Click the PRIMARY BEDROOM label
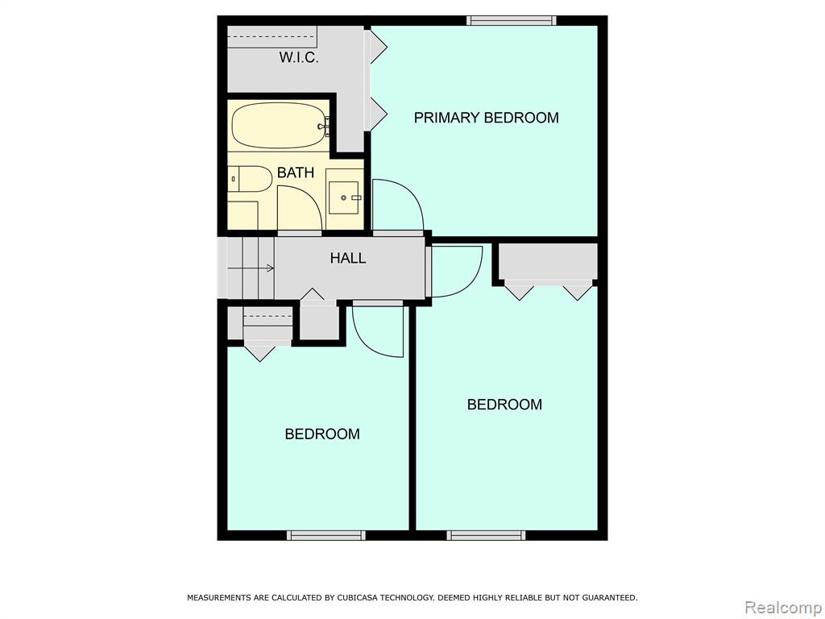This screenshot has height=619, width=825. [x=486, y=118]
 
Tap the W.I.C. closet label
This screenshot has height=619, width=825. [x=298, y=57]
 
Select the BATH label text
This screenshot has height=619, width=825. [x=296, y=172]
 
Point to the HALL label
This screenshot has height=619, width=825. [x=348, y=258]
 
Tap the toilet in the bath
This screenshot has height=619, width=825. [x=250, y=179]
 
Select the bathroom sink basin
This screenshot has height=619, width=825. [x=344, y=197]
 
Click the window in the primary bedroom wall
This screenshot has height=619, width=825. [x=512, y=20]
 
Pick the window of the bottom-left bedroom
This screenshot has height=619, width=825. [x=326, y=535]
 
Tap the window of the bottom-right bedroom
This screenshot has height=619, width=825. [x=486, y=535]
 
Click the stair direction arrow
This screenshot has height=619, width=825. [x=251, y=268]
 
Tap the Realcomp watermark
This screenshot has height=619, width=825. [x=784, y=607]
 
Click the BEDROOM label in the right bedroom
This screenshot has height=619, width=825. [x=504, y=405]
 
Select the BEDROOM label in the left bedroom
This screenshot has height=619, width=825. [x=322, y=434]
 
